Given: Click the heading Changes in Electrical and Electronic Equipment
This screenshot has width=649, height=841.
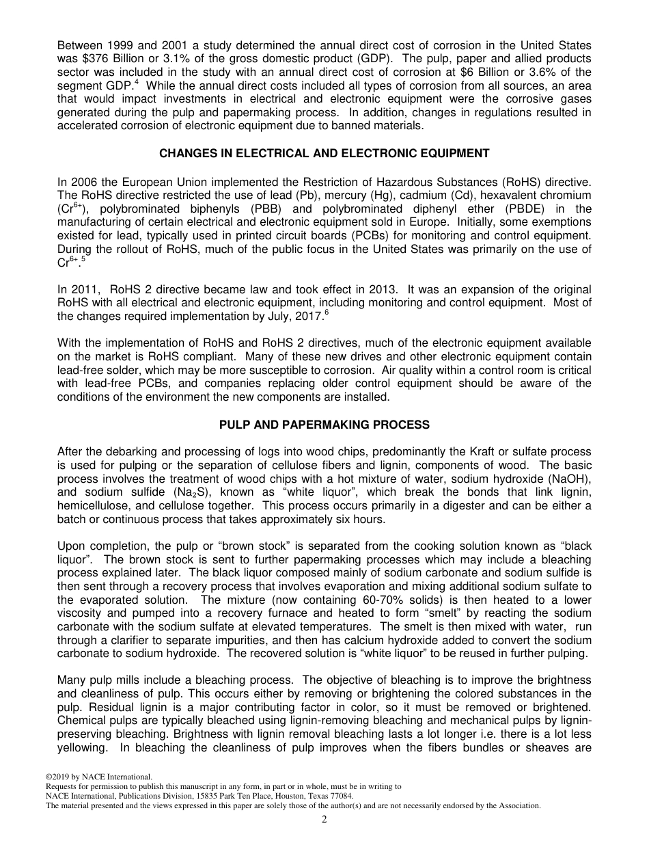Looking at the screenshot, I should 324,154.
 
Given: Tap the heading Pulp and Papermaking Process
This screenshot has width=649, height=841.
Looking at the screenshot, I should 324,425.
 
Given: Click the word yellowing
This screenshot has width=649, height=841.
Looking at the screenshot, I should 81,747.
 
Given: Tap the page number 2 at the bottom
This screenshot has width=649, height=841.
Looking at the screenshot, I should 324,820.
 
